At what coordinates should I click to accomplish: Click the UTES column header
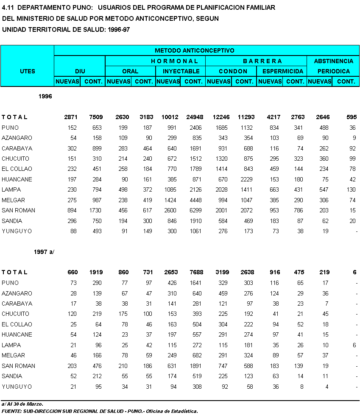[28, 71]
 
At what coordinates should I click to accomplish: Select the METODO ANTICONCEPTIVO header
[207, 50]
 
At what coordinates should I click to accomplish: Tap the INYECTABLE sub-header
[180, 71]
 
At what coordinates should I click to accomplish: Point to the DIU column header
[80, 71]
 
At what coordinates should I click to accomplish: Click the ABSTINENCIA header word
[333, 61]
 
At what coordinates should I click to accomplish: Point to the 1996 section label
[45, 97]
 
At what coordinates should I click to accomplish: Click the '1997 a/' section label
[44, 252]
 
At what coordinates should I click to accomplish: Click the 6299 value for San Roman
[194, 211]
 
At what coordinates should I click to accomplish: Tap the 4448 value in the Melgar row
[194, 200]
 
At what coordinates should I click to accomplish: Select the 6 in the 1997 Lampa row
[354, 345]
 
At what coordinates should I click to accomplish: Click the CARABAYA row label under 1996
[17, 148]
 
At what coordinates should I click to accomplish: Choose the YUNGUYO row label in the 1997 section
[17, 387]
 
